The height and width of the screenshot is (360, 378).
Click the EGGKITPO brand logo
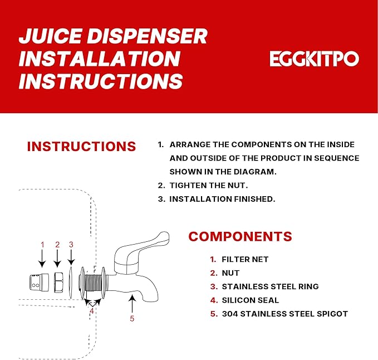coord(315,59)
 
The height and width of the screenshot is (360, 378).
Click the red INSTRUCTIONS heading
coord(81,147)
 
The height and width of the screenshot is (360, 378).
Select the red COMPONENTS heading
coord(240,236)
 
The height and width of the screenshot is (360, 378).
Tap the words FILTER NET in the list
coord(245,260)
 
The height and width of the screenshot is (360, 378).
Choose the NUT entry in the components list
coord(230,273)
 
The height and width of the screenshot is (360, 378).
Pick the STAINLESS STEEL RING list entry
coord(270,286)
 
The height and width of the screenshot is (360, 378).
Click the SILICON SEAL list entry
coord(251,300)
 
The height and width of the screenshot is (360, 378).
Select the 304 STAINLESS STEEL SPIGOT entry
coord(284,314)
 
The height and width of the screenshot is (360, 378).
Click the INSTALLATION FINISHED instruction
coord(222,199)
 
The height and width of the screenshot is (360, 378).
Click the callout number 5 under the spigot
coord(132,319)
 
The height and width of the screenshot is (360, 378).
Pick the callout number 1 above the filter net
coord(42,244)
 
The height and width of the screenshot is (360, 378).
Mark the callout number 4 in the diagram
coord(92,311)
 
